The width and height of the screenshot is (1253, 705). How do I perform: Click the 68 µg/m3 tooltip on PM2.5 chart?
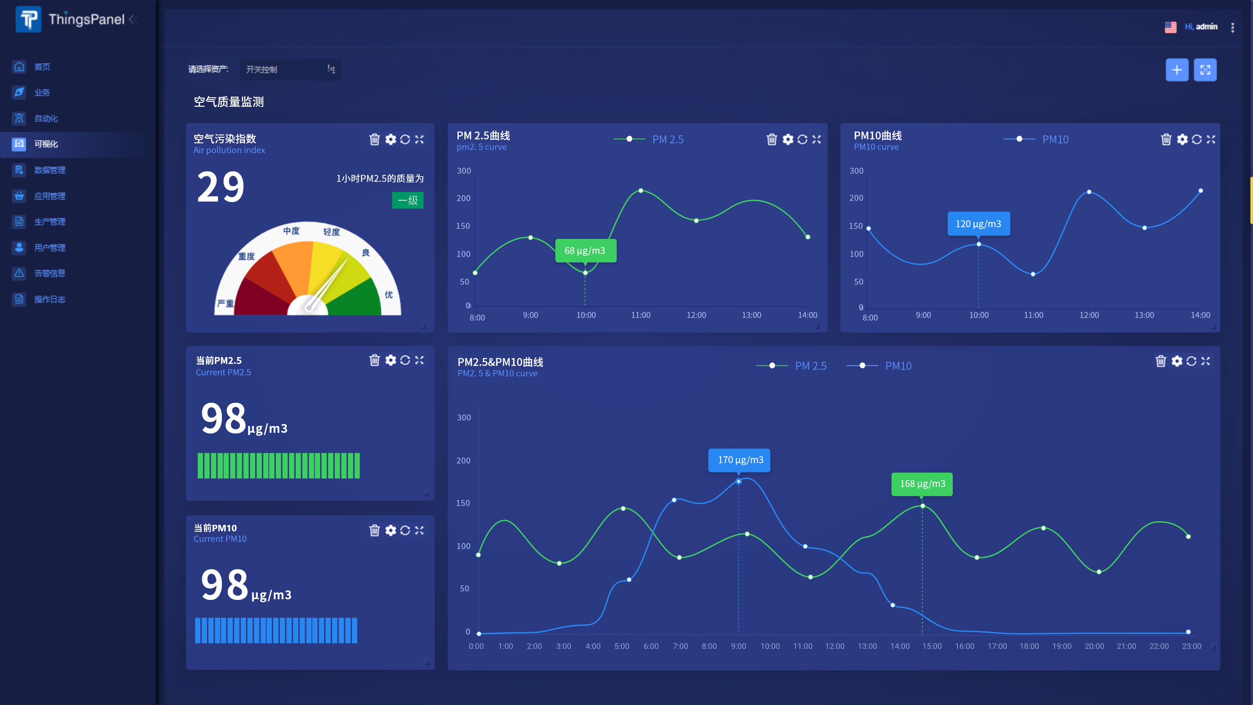click(585, 251)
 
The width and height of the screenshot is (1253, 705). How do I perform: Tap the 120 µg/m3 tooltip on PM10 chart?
click(978, 224)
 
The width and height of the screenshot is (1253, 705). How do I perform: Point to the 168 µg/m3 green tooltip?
click(922, 484)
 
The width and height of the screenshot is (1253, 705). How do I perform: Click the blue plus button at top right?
click(1177, 70)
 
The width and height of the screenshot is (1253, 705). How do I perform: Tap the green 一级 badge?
click(408, 200)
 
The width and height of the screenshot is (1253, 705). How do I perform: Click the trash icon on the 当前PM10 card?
click(374, 530)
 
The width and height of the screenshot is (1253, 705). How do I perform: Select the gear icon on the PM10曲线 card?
click(1182, 140)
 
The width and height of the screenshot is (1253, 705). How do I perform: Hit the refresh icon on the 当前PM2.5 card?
click(405, 360)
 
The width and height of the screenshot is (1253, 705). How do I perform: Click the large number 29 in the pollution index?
click(220, 187)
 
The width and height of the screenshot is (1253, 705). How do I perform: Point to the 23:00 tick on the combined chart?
click(1191, 646)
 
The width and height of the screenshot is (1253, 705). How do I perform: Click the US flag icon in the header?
click(1170, 27)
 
